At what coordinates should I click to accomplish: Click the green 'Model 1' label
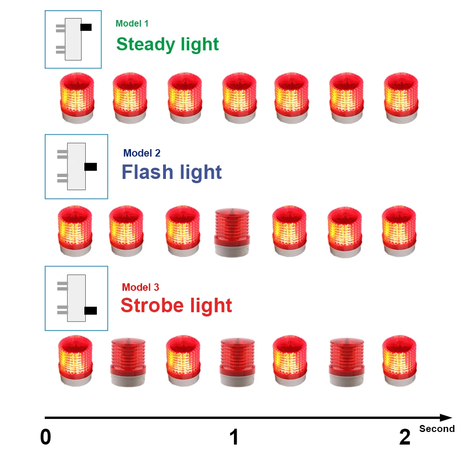132,24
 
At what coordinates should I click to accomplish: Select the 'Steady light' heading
167,44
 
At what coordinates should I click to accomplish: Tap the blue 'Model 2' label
142,153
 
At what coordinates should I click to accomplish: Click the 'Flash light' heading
171,172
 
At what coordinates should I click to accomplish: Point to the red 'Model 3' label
140,288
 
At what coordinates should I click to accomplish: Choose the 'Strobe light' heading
176,306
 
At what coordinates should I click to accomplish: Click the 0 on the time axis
46,438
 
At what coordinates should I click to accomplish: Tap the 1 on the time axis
234,438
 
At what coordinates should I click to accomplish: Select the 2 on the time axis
405,438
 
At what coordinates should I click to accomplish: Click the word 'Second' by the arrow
437,429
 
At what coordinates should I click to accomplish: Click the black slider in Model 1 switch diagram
86,27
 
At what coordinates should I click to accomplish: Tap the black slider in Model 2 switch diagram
90,166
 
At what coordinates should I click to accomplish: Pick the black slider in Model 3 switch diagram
90,310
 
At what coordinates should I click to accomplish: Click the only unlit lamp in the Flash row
232,233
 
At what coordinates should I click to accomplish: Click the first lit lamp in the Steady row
77,98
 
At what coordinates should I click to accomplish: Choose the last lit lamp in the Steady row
401,98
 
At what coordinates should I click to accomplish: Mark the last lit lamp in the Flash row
398,231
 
